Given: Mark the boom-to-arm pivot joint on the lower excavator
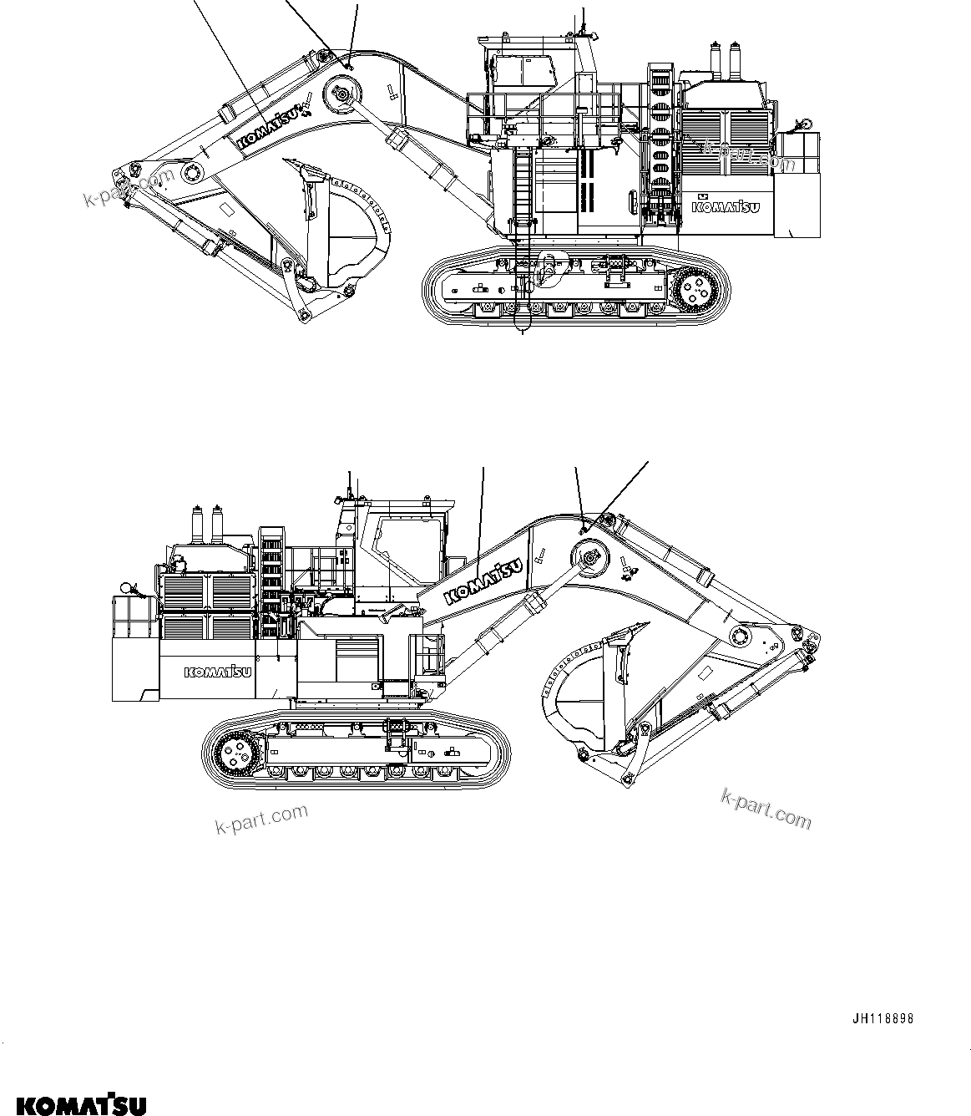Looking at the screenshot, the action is click(x=740, y=636).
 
